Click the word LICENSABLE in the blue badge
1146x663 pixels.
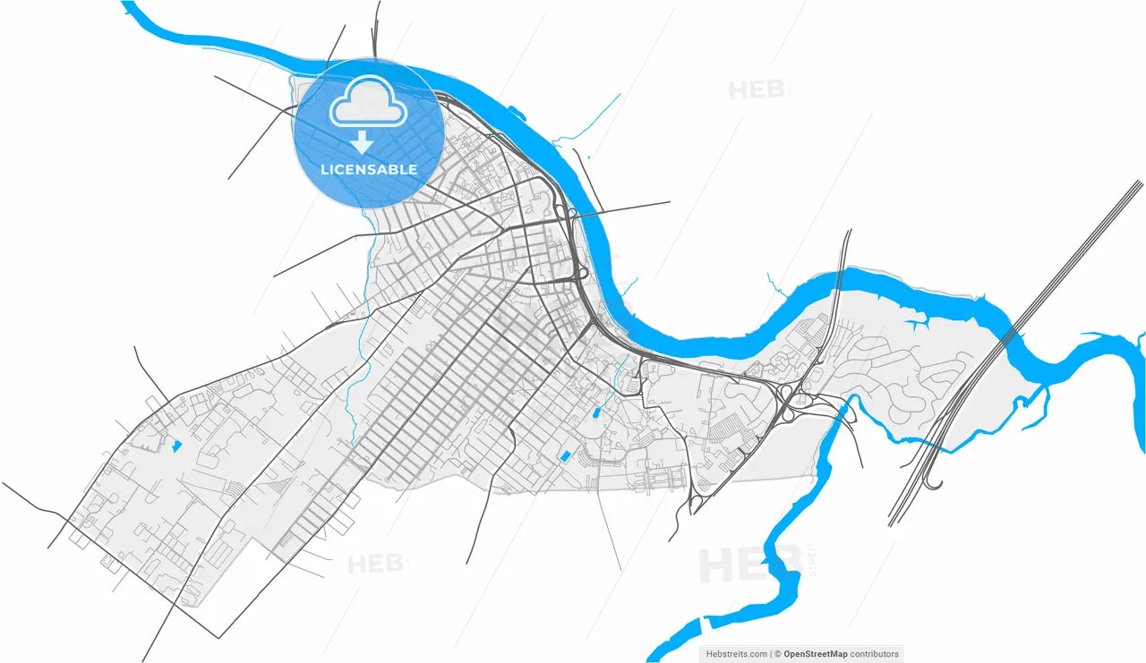pyautogui.click(x=369, y=169)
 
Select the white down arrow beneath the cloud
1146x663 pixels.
pyautogui.click(x=363, y=141)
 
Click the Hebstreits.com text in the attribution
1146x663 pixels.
pyautogui.click(x=734, y=654)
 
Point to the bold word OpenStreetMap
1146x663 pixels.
pyautogui.click(x=815, y=654)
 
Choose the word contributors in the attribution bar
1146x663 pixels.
pyautogui.click(x=875, y=654)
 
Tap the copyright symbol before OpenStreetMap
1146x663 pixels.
pyautogui.click(x=777, y=654)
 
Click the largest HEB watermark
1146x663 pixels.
pyautogui.click(x=736, y=565)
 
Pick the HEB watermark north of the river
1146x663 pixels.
pyautogui.click(x=757, y=89)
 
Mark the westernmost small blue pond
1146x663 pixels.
pyautogui.click(x=175, y=444)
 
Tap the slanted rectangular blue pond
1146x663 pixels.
pyautogui.click(x=565, y=456)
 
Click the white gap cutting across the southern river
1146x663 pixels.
pyautogui.click(x=704, y=620)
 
